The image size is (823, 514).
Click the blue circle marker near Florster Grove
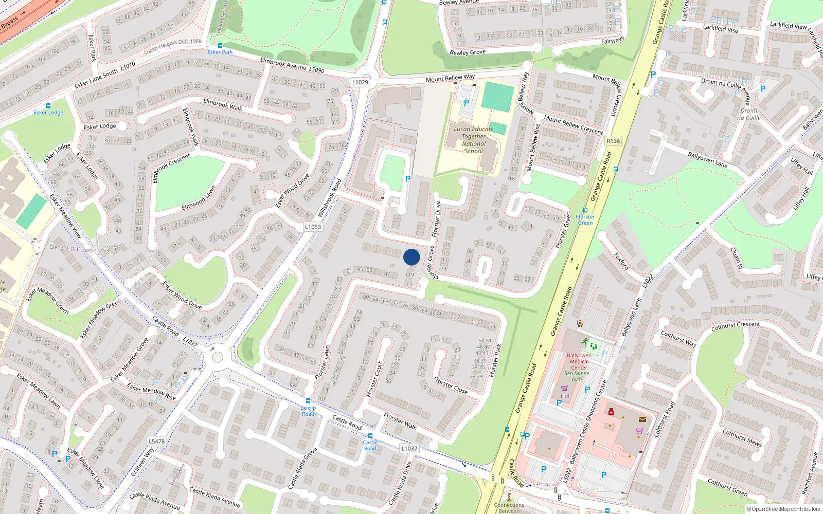coord(411,257)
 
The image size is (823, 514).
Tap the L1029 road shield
coord(360,82)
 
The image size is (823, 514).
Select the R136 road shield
coord(613,141)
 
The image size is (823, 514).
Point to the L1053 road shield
coord(313,227)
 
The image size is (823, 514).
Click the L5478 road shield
coord(157,441)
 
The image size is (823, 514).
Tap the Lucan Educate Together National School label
coord(474,140)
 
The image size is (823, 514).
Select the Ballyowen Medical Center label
coord(579,361)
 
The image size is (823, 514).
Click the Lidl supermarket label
coord(565,396)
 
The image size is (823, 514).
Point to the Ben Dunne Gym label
coord(577,376)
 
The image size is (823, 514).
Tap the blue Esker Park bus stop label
coord(220,52)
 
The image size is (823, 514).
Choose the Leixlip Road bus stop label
coord(308,411)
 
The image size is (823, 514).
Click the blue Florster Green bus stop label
coord(585,219)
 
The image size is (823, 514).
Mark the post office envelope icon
coord(642,419)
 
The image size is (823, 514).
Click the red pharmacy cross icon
coord(611,412)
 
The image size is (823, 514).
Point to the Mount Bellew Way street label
coord(450,78)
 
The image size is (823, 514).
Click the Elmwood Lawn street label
coord(199,198)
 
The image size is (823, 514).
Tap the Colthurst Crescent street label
coord(735,326)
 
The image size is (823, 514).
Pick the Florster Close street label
coord(451,385)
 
